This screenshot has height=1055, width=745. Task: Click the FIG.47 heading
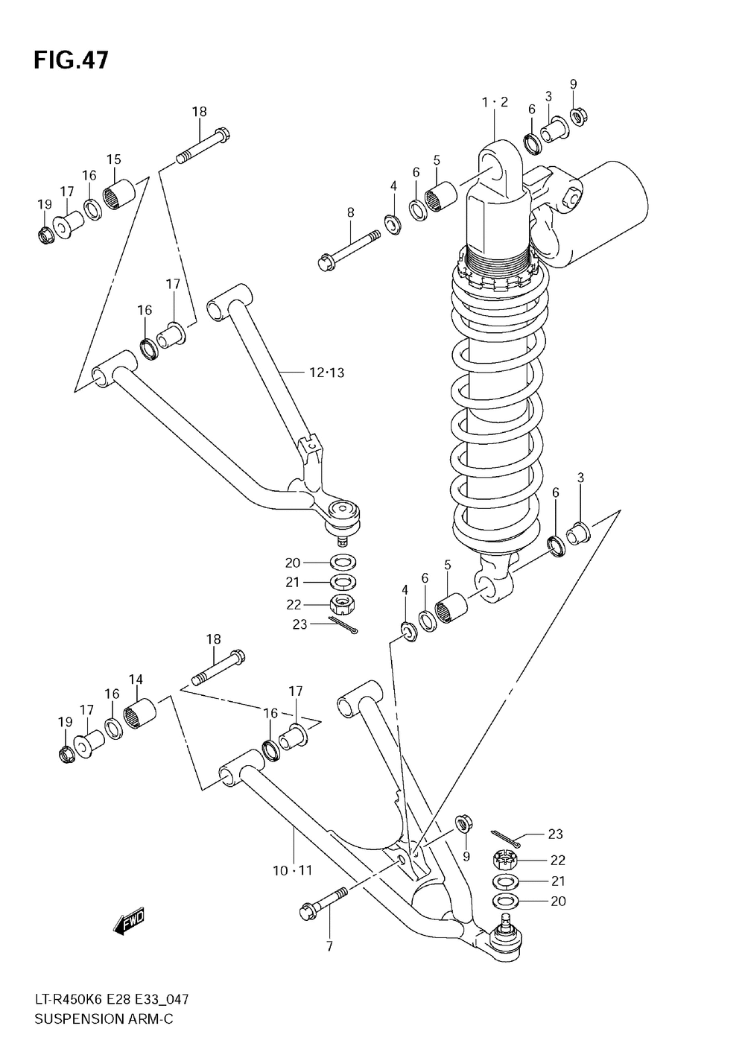click(x=71, y=61)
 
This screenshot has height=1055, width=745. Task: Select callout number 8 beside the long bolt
click(x=350, y=212)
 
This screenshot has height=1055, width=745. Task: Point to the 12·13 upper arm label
click(x=327, y=373)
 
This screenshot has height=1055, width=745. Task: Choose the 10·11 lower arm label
click(x=293, y=870)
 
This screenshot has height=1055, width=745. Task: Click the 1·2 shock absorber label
click(x=495, y=102)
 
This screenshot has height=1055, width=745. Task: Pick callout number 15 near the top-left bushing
click(x=113, y=159)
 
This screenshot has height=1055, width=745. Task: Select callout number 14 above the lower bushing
click(x=136, y=692)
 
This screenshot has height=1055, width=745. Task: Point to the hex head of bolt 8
click(x=325, y=262)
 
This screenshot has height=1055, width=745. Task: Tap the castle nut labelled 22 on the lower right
click(x=506, y=861)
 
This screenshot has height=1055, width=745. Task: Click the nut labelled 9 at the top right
click(x=578, y=116)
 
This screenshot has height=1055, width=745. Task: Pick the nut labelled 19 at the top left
click(x=45, y=235)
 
